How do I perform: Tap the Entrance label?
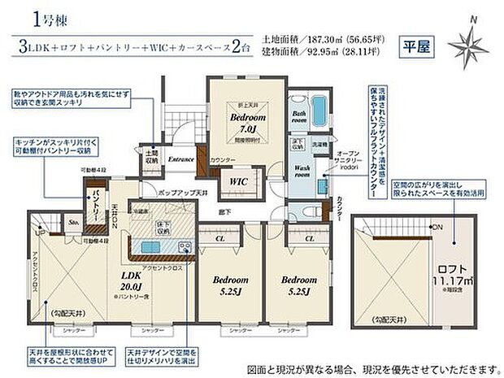180,159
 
